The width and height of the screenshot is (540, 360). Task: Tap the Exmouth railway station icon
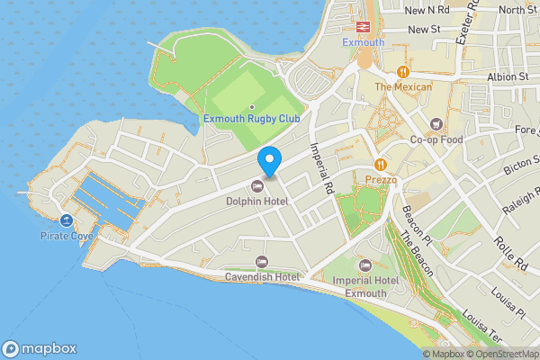[364, 27]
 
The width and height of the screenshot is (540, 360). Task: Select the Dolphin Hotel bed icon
[258, 185]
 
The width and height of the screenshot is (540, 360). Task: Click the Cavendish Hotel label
[262, 276]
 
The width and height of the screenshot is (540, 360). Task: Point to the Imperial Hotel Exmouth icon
[364, 265]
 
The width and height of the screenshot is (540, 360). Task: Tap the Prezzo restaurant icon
[382, 165]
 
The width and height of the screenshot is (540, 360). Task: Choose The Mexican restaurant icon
[403, 71]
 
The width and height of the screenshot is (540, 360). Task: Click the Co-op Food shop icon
[436, 124]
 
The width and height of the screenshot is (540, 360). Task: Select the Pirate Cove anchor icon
[67, 220]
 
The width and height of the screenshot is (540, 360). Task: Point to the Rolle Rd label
[509, 254]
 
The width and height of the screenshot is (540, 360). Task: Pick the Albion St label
[509, 77]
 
